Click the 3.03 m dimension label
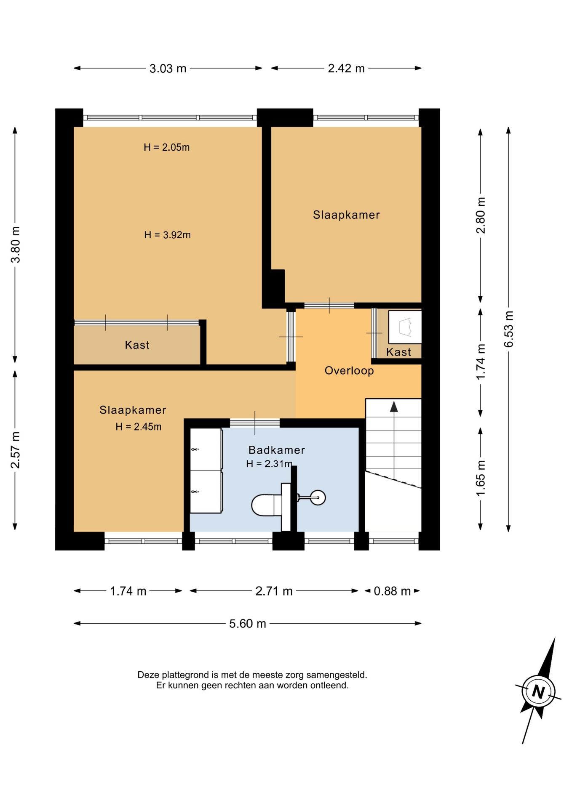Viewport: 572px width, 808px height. pyautogui.click(x=168, y=68)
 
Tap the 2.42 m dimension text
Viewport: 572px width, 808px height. pyautogui.click(x=346, y=68)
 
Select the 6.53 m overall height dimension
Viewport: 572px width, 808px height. pyautogui.click(x=509, y=329)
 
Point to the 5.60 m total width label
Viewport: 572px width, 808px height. pyautogui.click(x=248, y=623)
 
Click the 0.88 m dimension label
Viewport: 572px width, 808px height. pyautogui.click(x=392, y=591)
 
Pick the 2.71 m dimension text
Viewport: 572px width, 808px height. pyautogui.click(x=274, y=591)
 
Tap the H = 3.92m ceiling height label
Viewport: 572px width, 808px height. pyautogui.click(x=167, y=235)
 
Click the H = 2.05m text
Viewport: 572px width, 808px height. pyautogui.click(x=166, y=147)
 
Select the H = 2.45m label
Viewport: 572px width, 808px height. pyautogui.click(x=138, y=427)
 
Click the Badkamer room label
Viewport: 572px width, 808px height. pyautogui.click(x=276, y=450)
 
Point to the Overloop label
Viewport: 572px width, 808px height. pyautogui.click(x=349, y=371)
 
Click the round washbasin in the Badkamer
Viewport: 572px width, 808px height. pyautogui.click(x=318, y=498)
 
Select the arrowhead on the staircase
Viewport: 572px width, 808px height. pyautogui.click(x=394, y=407)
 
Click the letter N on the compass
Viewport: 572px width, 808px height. pyautogui.click(x=538, y=691)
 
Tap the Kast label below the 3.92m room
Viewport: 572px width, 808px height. pyautogui.click(x=137, y=345)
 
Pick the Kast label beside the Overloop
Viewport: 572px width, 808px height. pyautogui.click(x=398, y=352)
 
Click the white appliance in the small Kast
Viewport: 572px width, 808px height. pyautogui.click(x=405, y=327)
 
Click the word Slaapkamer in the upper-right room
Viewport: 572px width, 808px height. pyautogui.click(x=346, y=215)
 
